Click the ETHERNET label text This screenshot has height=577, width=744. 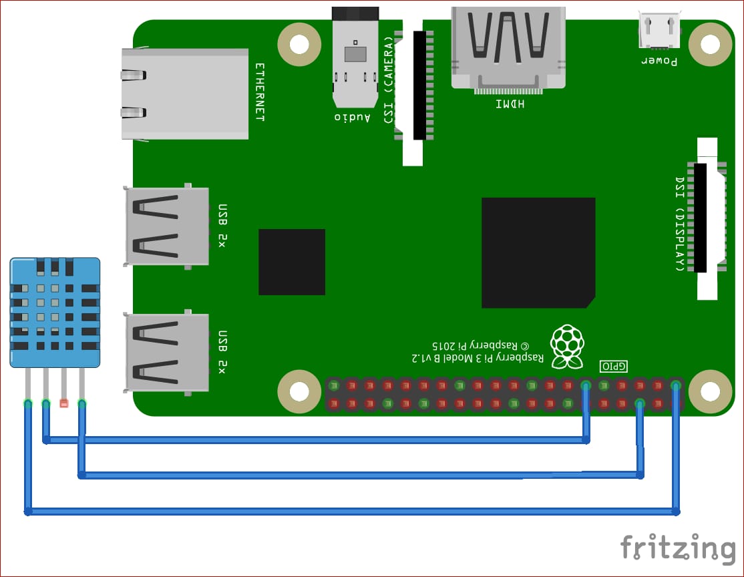(x=260, y=92)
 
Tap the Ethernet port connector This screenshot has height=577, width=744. (x=184, y=93)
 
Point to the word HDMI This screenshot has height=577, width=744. (x=510, y=104)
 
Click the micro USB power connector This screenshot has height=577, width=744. (x=659, y=31)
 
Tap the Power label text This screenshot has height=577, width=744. (x=659, y=61)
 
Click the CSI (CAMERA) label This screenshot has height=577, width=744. (x=389, y=80)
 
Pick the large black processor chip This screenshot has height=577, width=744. (x=538, y=252)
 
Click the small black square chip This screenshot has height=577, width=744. (x=292, y=262)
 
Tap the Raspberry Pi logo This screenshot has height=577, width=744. (x=566, y=346)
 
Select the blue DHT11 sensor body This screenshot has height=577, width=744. (x=55, y=313)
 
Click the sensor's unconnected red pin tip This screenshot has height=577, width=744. (x=64, y=403)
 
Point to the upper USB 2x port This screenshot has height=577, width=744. (x=167, y=226)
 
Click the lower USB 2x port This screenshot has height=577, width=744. (x=167, y=352)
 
